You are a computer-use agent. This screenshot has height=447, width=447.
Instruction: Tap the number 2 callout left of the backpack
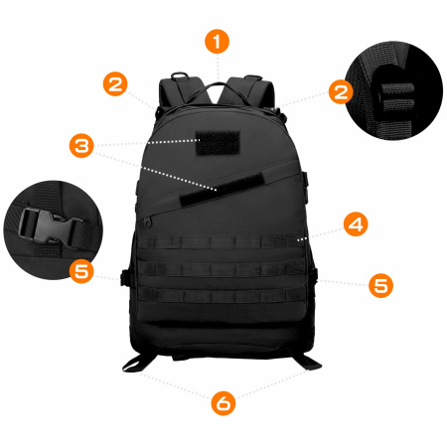(117, 83)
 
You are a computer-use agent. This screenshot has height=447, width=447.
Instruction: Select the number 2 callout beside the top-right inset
(341, 92)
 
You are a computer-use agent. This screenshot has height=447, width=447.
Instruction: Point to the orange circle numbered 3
(82, 146)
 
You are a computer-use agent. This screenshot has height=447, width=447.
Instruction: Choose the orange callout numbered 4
(355, 223)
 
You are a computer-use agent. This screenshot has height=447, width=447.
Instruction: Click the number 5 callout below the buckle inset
(82, 269)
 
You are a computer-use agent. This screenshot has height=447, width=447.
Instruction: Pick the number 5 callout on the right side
(380, 285)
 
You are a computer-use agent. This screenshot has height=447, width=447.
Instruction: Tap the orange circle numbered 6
(223, 402)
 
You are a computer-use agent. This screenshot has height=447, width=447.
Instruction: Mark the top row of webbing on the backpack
(221, 243)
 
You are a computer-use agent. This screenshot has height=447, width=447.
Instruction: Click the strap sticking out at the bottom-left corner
(137, 358)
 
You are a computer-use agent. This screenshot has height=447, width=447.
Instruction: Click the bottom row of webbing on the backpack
(221, 295)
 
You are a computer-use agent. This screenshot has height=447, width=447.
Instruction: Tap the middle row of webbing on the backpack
(221, 269)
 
